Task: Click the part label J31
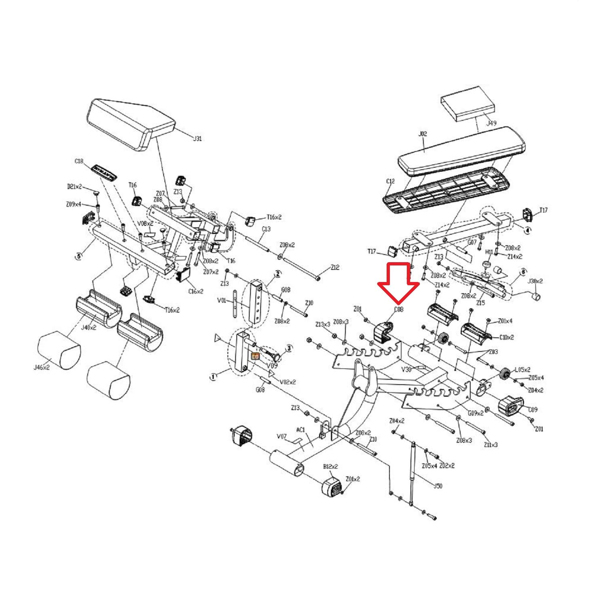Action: click(197, 139)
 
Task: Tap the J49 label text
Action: click(491, 123)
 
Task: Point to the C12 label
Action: click(390, 181)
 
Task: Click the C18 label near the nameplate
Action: click(79, 161)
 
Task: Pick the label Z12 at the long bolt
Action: click(335, 267)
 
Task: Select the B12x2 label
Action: click(330, 467)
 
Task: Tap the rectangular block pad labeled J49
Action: click(467, 103)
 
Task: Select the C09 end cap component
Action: click(511, 406)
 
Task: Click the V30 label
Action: click(406, 369)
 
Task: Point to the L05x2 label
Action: click(522, 370)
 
